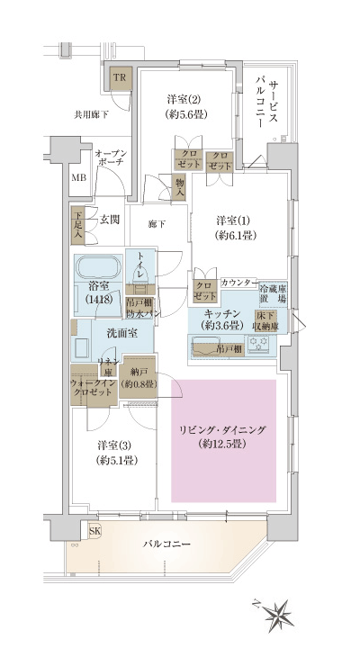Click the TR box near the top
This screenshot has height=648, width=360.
(118, 78)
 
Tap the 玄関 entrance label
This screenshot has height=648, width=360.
(110, 219)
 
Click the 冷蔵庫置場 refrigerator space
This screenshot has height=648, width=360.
(274, 293)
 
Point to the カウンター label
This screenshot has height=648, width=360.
(238, 282)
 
